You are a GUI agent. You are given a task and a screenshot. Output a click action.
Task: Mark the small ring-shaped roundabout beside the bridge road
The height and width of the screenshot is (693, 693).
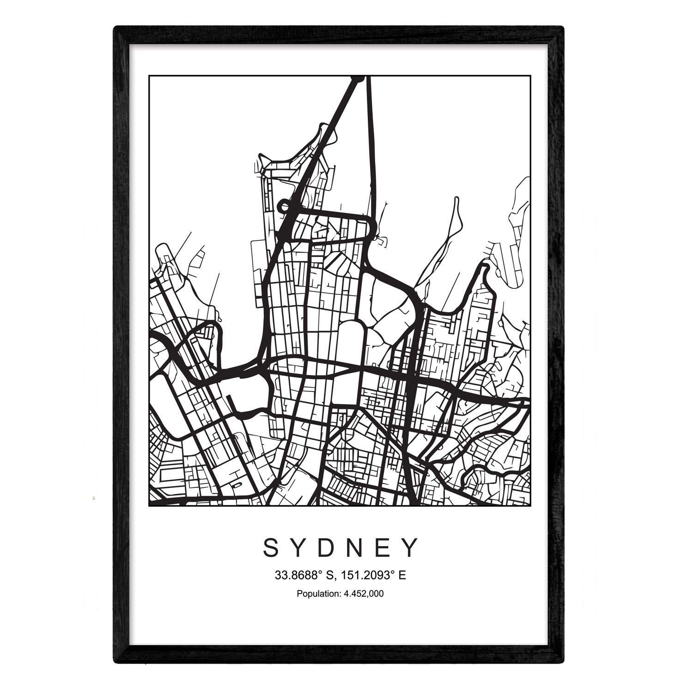tap(283, 206)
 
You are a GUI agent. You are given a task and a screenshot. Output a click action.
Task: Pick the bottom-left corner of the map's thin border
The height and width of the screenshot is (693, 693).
tap(149, 506)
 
